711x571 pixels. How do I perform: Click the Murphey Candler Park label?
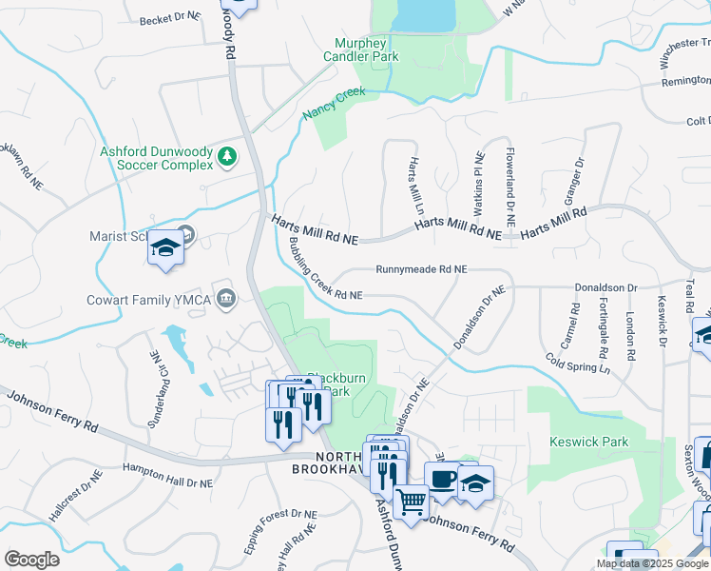366,49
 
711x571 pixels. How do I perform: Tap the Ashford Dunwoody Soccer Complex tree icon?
227,155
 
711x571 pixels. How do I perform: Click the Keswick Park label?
589,443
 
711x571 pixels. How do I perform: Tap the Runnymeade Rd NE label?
421,270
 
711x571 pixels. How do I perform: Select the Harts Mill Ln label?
414,187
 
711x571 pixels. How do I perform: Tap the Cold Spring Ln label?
578,363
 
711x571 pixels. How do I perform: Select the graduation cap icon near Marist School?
165,248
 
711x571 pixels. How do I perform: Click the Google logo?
31,560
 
